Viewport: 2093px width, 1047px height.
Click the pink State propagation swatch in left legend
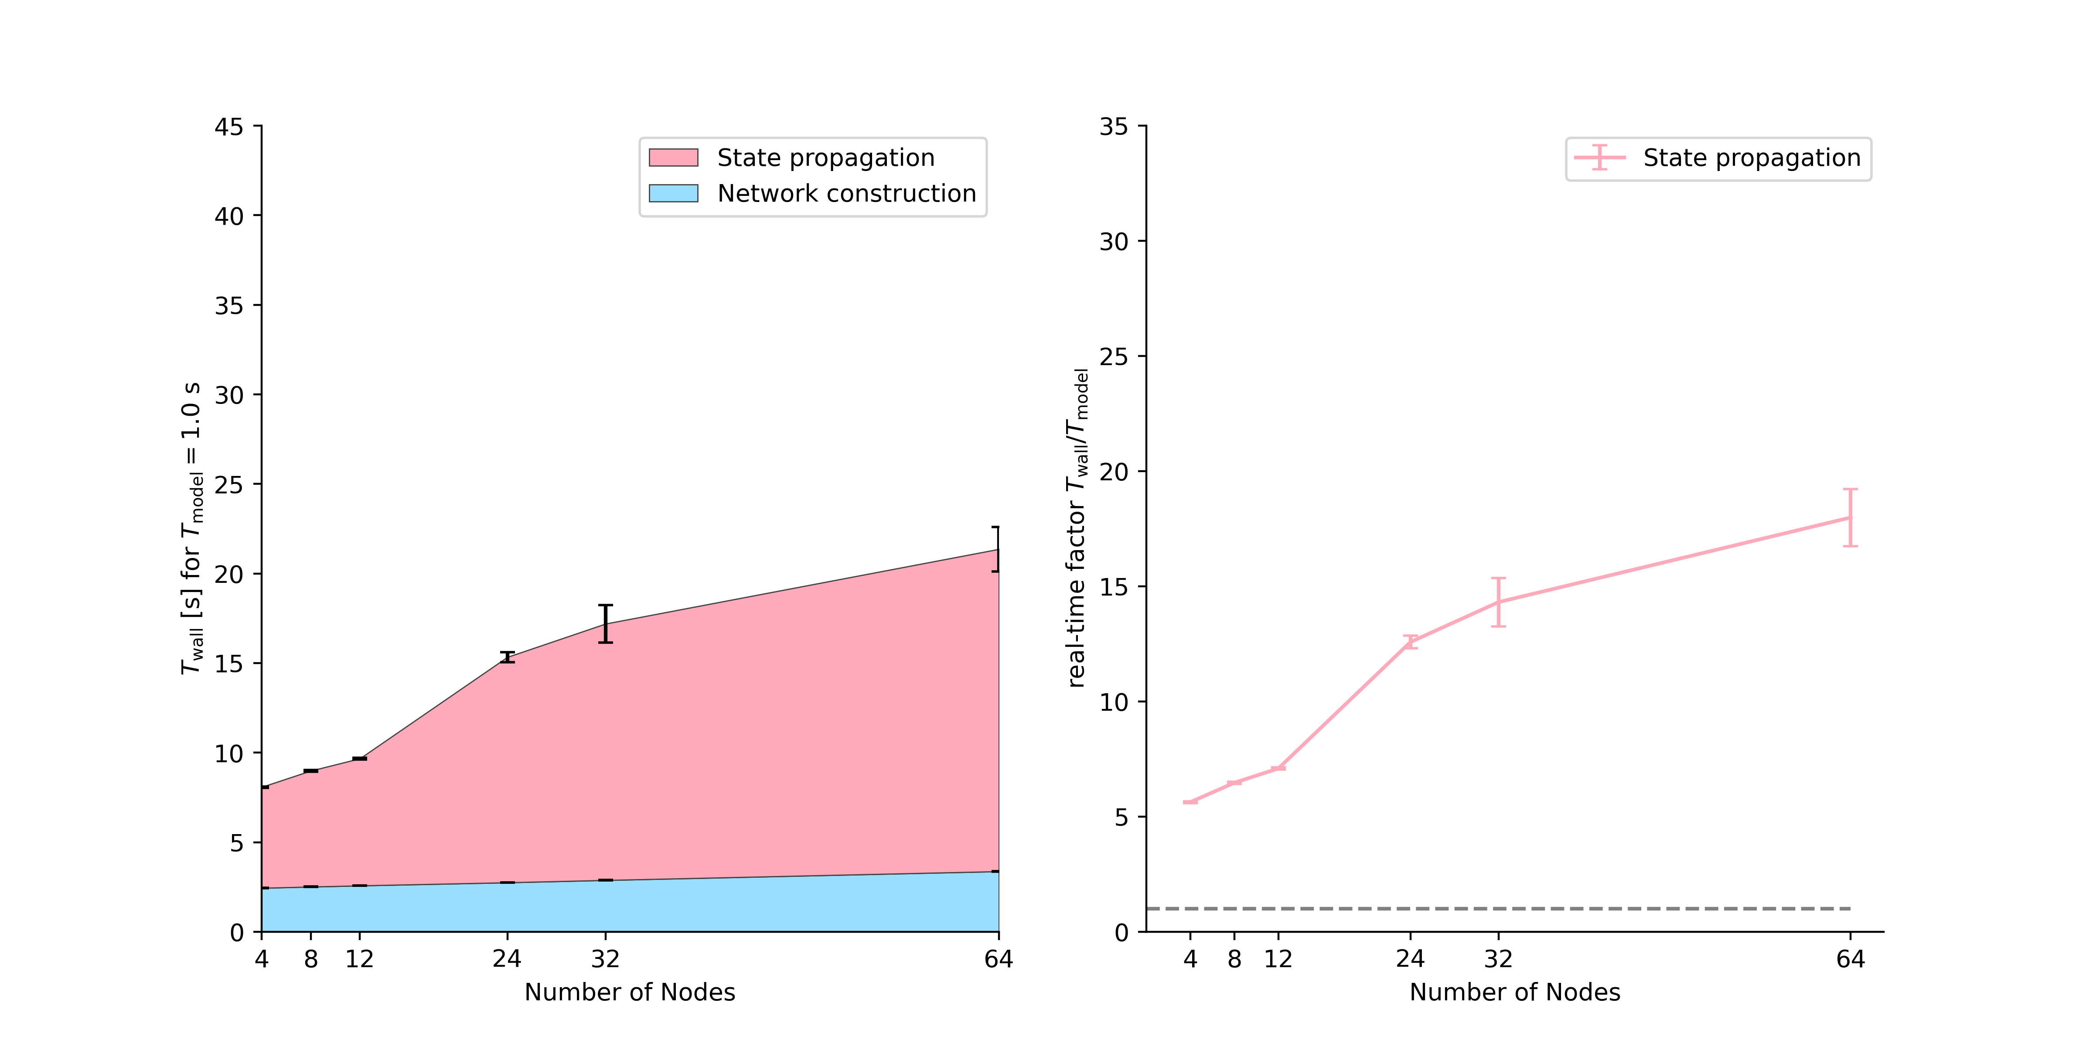click(x=673, y=157)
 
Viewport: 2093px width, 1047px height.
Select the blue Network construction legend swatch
click(x=673, y=193)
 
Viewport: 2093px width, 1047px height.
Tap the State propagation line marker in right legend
click(x=1599, y=157)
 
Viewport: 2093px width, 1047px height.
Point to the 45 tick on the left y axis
click(x=228, y=127)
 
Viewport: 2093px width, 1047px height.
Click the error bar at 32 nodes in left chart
click(x=605, y=623)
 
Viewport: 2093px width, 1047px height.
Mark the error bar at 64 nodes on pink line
click(x=1850, y=518)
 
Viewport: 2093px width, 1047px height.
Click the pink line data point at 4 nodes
click(x=1190, y=802)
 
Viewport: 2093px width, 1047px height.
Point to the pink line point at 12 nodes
click(x=1278, y=768)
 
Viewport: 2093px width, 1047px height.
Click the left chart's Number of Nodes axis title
click(x=630, y=992)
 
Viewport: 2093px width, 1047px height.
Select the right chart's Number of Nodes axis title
click(x=1514, y=992)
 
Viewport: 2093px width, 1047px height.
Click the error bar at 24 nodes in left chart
click(x=507, y=657)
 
